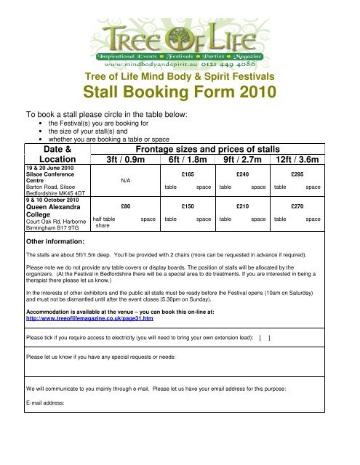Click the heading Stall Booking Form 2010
pos(180,92)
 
